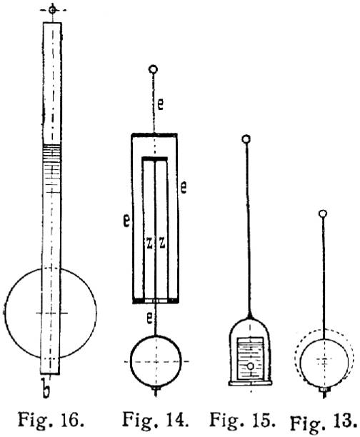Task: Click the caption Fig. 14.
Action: [x=155, y=419]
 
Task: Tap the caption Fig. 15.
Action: [x=242, y=419]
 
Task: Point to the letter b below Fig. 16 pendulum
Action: [x=46, y=388]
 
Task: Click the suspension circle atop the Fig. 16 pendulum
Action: [x=52, y=10]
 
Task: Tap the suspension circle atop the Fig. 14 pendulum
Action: [x=154, y=69]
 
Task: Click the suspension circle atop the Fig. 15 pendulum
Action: [x=246, y=139]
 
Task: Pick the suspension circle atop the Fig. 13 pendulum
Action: [x=323, y=214]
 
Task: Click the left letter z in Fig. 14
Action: [x=149, y=243]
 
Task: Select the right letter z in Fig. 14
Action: [x=162, y=243]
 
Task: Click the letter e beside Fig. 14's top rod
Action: [x=160, y=104]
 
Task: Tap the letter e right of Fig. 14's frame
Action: [x=183, y=187]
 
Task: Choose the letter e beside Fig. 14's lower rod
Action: [x=149, y=318]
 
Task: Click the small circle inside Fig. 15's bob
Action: [x=251, y=366]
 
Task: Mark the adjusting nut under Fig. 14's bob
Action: [x=156, y=388]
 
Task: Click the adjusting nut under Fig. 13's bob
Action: [x=324, y=389]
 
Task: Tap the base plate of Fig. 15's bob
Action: [x=251, y=383]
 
